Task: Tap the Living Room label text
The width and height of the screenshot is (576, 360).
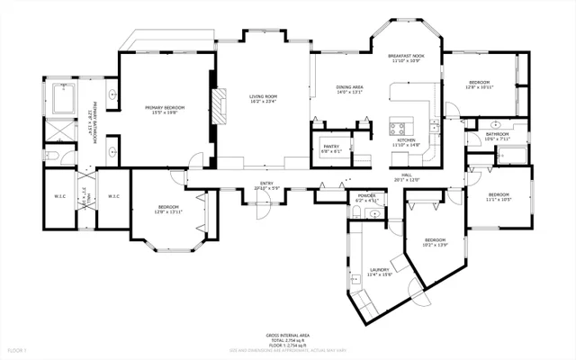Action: pyautogui.click(x=263, y=95)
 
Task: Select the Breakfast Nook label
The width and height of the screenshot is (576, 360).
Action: pyautogui.click(x=406, y=56)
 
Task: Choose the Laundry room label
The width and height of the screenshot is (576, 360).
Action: pyautogui.click(x=378, y=270)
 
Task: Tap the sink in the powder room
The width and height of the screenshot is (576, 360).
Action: pyautogui.click(x=356, y=212)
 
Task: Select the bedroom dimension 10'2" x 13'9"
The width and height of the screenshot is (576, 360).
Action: pyautogui.click(x=435, y=245)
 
